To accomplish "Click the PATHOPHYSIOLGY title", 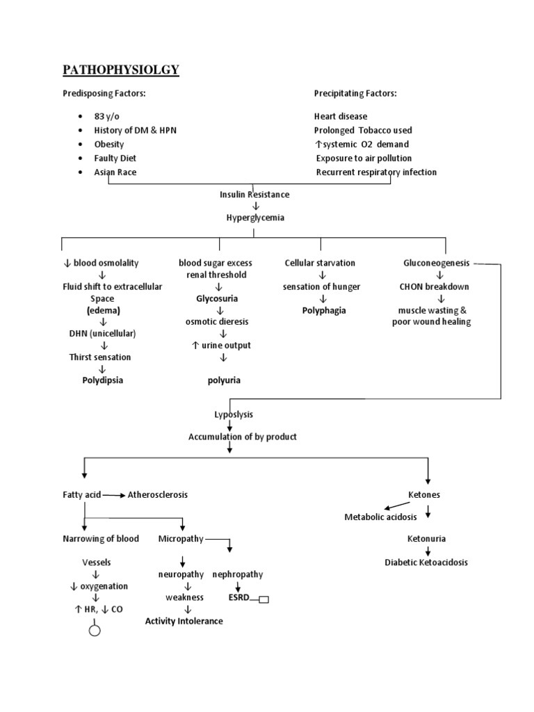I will click(x=121, y=70).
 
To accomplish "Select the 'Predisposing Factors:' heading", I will click(x=104, y=94).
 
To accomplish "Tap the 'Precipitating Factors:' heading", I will click(x=355, y=94).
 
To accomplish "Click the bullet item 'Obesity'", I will click(x=109, y=144).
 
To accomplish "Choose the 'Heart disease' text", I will click(x=341, y=116).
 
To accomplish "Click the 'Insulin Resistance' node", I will click(x=254, y=195).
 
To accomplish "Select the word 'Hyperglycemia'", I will click(x=255, y=218).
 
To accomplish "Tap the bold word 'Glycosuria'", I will click(x=218, y=298).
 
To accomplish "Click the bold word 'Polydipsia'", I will click(x=102, y=380).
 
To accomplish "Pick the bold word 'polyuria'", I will click(x=224, y=380).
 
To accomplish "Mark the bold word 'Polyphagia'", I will click(x=323, y=310).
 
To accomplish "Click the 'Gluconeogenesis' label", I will click(x=437, y=263).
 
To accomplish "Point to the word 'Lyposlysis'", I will click(x=233, y=414).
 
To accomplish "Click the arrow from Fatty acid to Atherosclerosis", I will click(x=113, y=495).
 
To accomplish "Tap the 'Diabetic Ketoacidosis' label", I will click(x=426, y=562).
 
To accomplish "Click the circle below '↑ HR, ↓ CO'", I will click(x=95, y=631).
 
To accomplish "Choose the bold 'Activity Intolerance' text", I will click(x=184, y=621).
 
